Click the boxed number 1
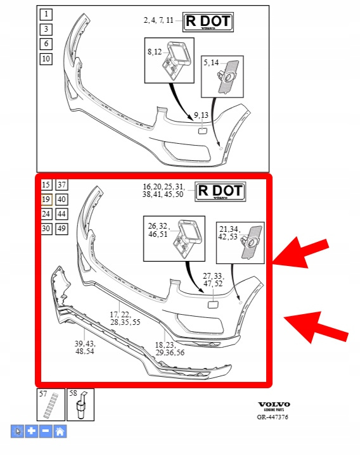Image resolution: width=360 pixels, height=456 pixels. coord(46,14)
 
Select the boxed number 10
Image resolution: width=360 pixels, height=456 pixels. coord(46,59)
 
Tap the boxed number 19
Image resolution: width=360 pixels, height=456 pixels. coord(46,199)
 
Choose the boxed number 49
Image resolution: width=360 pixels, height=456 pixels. coord(61,228)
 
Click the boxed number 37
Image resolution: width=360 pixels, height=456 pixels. coord(61,185)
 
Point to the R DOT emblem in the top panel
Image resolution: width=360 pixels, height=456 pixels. coord(208,22)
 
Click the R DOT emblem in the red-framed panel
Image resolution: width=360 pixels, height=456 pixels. coord(221,191)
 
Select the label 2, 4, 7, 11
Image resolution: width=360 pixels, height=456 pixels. coord(158,20)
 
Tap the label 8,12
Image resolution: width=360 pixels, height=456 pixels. coord(155,52)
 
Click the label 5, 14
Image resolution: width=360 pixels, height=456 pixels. coord(211,63)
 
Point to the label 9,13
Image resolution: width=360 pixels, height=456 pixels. coord(201,115)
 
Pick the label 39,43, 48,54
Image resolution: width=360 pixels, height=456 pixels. coord(85,347)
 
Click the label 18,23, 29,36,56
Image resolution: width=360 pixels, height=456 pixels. coord(170,349)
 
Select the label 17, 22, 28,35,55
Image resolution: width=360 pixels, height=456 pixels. coord(125,318)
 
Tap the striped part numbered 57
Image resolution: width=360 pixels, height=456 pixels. coord(51,406)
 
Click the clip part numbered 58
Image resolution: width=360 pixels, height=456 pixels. coord(80,407)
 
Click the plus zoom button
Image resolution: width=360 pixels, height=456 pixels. coord(32,431)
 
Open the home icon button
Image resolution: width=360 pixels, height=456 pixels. coord(60,431)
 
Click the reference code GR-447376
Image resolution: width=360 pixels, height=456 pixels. coord(273,417)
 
